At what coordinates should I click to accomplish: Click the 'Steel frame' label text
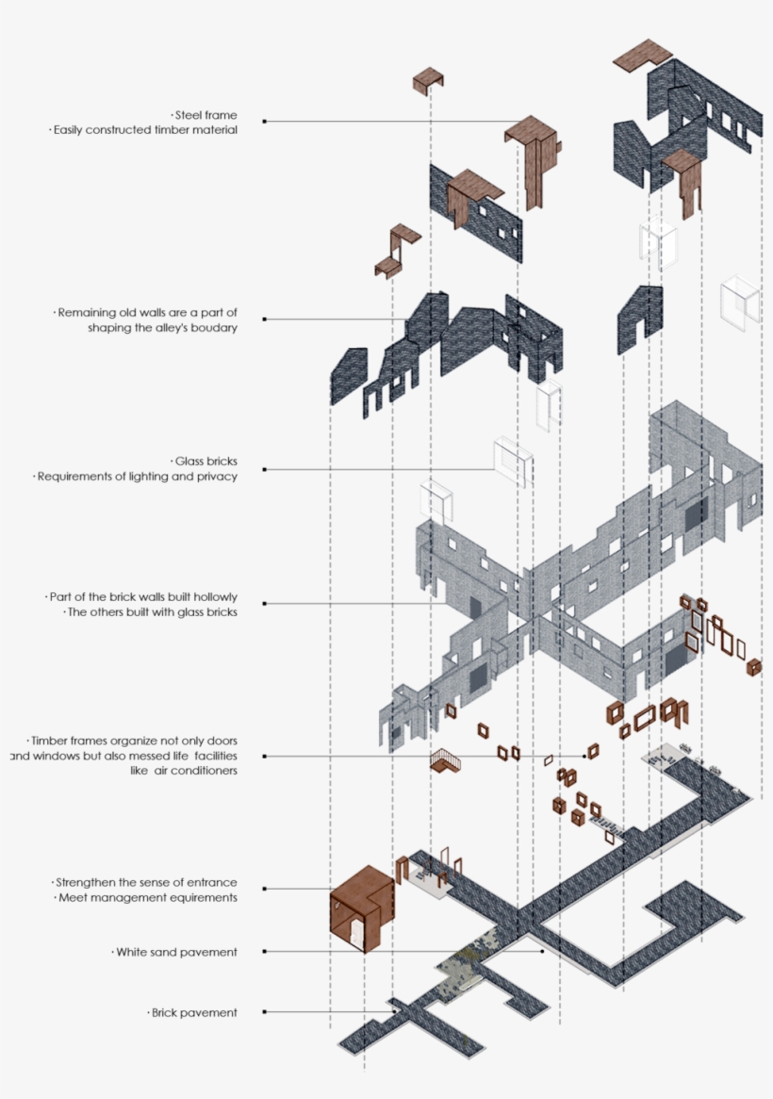coord(206,115)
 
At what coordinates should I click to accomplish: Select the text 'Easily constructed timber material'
coord(145,129)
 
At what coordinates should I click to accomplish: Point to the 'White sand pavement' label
coord(176,952)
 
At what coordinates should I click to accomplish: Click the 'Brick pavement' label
coord(194,1013)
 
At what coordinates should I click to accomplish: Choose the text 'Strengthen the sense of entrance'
coord(145,882)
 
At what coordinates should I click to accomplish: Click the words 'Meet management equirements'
coord(148,898)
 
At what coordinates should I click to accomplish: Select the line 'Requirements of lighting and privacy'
coord(138,476)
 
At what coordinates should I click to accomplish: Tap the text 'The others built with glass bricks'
coord(152,612)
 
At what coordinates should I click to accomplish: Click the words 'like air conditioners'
coord(184,771)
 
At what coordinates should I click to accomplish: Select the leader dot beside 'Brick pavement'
coord(265,1012)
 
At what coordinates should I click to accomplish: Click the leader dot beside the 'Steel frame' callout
coord(265,122)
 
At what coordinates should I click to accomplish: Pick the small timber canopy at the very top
coord(428,80)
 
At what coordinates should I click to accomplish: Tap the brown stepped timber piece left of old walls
coord(397,251)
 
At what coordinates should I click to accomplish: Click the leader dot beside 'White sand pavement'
coord(265,952)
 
